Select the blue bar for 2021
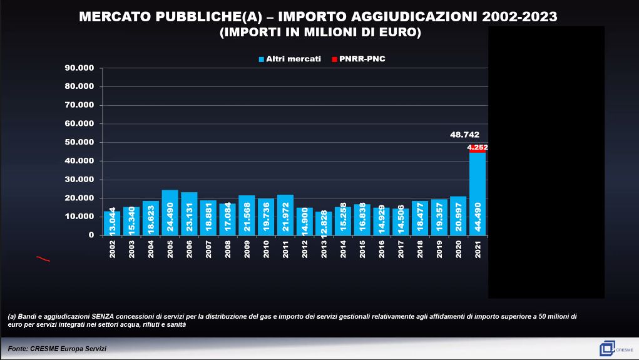(x=478, y=194)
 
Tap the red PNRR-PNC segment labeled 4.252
(x=478, y=148)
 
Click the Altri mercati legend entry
(x=289, y=59)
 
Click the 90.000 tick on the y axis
(x=79, y=68)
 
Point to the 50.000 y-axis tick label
(x=79, y=142)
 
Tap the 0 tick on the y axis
(x=91, y=235)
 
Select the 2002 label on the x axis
(x=113, y=249)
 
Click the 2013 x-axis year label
(x=324, y=249)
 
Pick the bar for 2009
(x=247, y=215)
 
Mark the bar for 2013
(x=324, y=223)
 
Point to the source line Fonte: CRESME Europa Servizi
(x=58, y=348)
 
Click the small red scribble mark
(x=43, y=259)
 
